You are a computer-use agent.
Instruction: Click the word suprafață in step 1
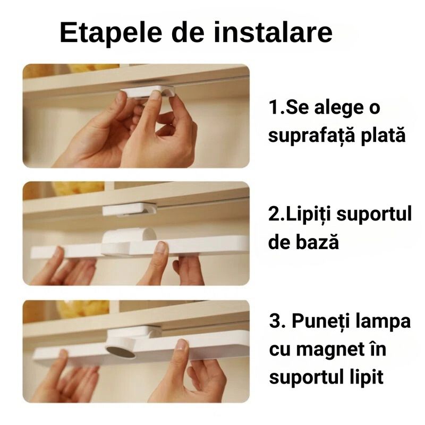(x=311, y=136)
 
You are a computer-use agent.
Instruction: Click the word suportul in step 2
(x=376, y=215)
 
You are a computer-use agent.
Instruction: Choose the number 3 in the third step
(x=274, y=322)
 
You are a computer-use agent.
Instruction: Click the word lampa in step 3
(x=384, y=322)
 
